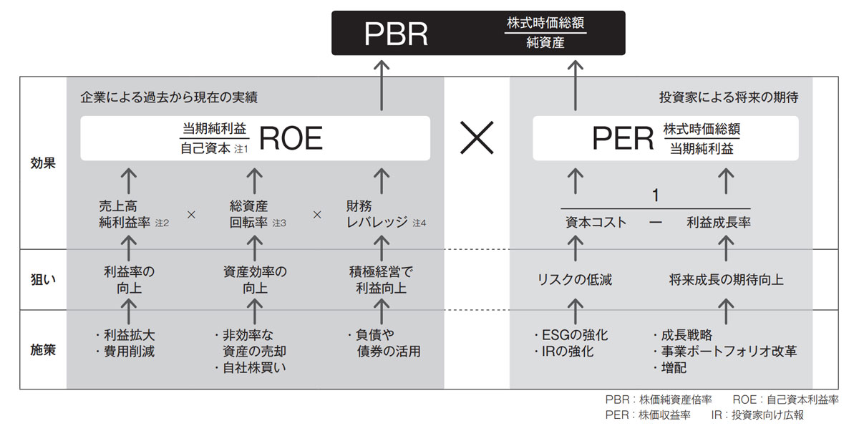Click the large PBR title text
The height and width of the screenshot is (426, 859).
(396, 34)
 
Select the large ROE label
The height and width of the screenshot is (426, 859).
(291, 139)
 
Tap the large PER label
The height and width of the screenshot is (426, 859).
(623, 139)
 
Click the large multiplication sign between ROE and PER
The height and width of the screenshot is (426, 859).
(477, 138)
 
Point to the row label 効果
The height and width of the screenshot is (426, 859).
(43, 163)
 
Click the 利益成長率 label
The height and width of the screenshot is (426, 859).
(718, 222)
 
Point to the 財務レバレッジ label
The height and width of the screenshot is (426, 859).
(376, 214)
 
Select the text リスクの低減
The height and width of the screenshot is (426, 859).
(575, 280)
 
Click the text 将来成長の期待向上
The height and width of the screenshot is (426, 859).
(726, 280)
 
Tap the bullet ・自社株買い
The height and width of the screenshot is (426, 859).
(248, 369)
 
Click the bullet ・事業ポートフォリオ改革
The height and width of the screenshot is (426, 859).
(724, 352)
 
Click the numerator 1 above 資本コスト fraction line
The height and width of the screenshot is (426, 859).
(654, 195)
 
